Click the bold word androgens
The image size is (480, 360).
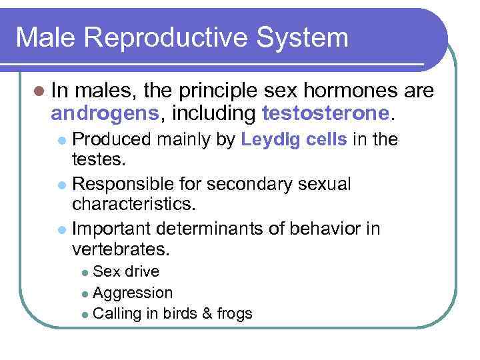(105, 114)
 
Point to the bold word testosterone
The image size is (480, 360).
(325, 114)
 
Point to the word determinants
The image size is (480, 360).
(220, 229)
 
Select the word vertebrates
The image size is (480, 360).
(121, 249)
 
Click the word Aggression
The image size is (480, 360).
(133, 293)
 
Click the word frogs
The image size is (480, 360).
(233, 313)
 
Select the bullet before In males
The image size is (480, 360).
(39, 91)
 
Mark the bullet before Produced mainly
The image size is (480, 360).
(61, 141)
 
